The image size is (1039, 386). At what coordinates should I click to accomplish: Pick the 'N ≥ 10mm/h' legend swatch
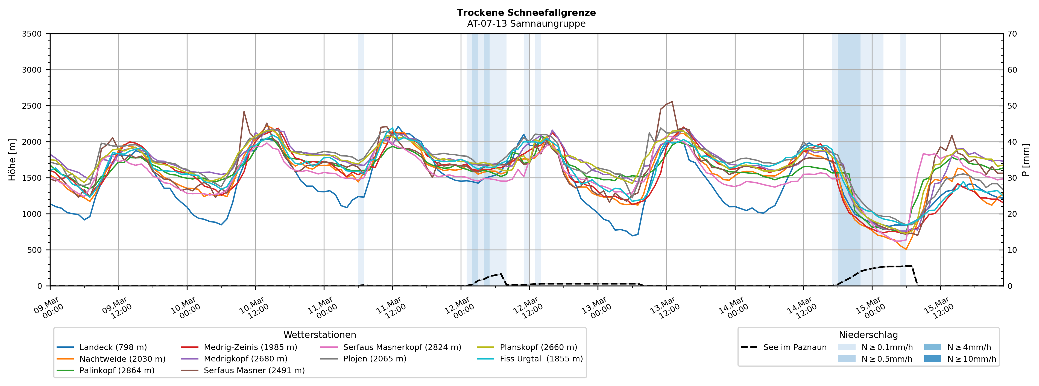coord(932,359)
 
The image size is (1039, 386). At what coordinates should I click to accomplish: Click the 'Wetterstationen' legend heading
coord(320,335)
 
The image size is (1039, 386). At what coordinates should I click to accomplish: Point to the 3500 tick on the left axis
coord(32,34)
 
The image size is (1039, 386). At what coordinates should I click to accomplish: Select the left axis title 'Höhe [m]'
coord(13,159)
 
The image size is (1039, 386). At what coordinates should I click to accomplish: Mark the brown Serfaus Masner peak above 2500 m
coord(672,102)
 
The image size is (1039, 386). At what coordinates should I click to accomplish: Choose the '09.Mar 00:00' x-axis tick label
coord(49,308)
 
